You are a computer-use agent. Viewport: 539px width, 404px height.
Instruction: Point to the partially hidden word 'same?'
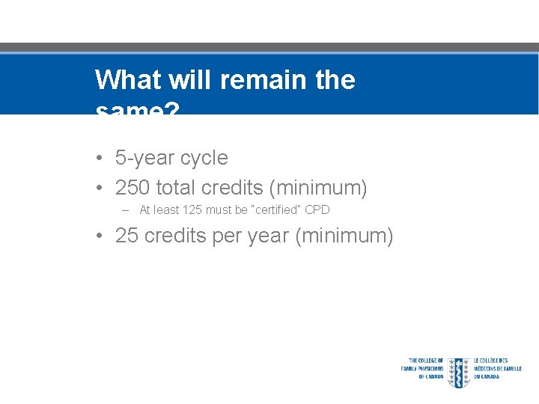(x=138, y=109)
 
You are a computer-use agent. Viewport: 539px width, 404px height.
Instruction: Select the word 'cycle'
(x=204, y=158)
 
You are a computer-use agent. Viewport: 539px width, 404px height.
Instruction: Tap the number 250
(x=133, y=187)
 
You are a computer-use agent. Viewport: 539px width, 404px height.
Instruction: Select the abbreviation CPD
(x=317, y=210)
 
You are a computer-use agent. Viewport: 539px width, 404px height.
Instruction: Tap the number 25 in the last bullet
(x=127, y=236)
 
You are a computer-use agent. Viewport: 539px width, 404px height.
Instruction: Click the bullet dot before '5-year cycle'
(x=100, y=159)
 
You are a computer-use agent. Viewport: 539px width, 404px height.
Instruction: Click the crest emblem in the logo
(x=458, y=372)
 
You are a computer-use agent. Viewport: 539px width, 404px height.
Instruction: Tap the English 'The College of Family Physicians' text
(x=423, y=368)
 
